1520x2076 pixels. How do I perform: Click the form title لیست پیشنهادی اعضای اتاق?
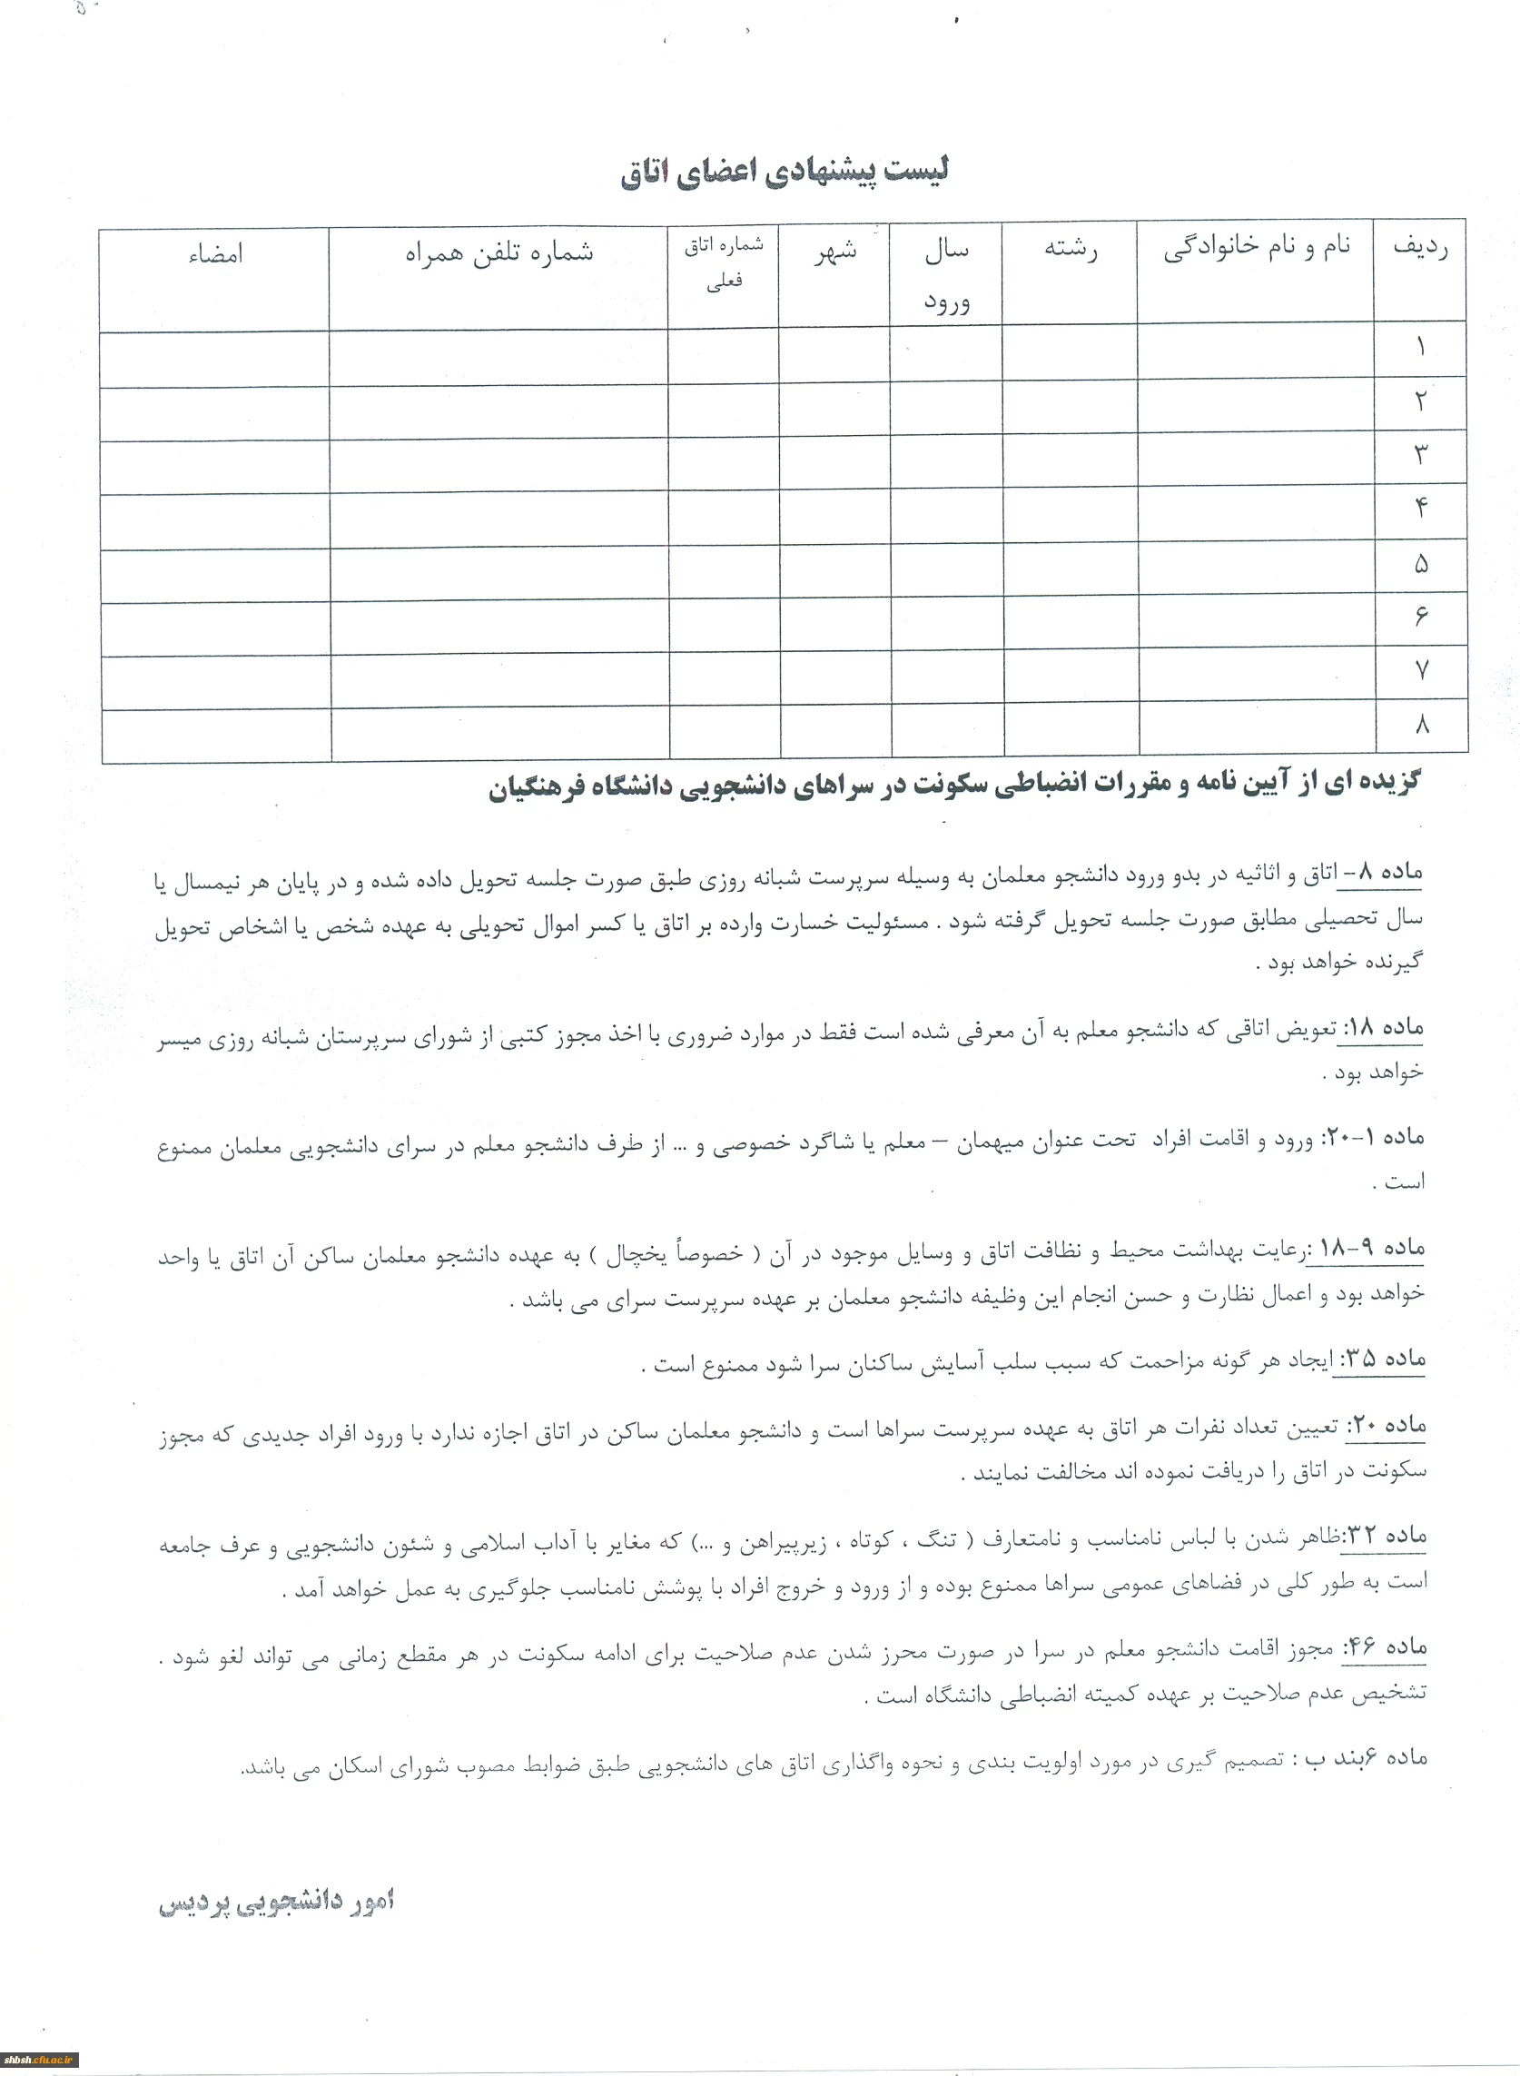(785, 172)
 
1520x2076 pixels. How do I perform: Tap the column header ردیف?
(1420, 248)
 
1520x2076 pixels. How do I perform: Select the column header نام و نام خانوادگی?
(1256, 248)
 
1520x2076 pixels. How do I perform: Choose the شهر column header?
(834, 251)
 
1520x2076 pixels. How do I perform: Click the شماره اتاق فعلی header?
(723, 263)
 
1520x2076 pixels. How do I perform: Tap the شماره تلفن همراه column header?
(498, 252)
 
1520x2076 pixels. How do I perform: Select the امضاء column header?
(215, 254)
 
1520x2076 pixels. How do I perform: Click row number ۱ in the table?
(1421, 348)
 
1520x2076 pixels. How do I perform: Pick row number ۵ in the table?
(1422, 564)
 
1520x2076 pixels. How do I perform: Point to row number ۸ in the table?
(1422, 724)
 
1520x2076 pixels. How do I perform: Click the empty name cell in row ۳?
(1257, 457)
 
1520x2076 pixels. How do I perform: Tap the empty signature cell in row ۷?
(216, 681)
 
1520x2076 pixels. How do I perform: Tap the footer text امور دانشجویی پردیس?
(276, 1902)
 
